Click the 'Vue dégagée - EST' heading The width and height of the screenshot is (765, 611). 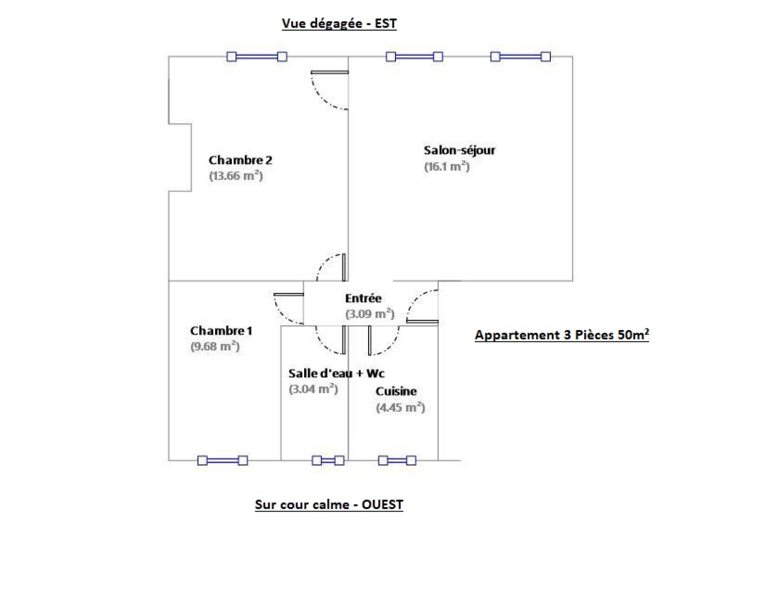(339, 23)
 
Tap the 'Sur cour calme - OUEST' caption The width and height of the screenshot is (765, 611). (329, 504)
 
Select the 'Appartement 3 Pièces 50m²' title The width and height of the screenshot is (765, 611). (562, 335)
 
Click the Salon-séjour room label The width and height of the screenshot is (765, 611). (459, 150)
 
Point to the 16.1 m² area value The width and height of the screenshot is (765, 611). (447, 166)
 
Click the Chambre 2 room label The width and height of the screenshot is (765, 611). (240, 160)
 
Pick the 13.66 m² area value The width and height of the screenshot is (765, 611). (236, 176)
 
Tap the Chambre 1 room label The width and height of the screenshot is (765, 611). (221, 331)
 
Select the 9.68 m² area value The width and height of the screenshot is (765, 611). (215, 346)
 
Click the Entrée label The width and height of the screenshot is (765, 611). (363, 298)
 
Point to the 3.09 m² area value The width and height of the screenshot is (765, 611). (370, 314)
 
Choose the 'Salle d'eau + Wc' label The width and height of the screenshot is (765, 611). (336, 373)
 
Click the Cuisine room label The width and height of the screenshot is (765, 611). (396, 392)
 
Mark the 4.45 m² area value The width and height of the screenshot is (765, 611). (400, 407)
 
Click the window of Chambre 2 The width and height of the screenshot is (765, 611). (257, 56)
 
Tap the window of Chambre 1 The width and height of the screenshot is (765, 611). (222, 461)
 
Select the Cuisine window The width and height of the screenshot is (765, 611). (397, 461)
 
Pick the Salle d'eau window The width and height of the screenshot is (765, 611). (328, 461)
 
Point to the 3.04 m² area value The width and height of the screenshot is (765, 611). (313, 389)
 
